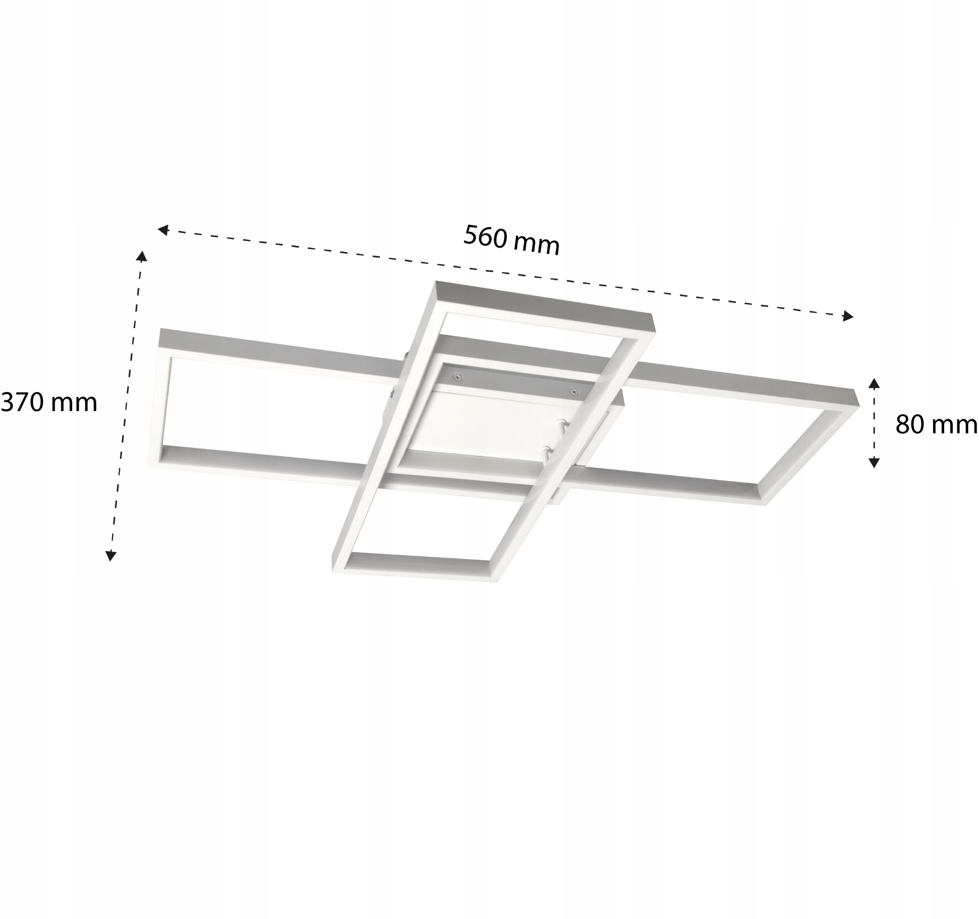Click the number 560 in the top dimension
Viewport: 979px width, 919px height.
(x=485, y=237)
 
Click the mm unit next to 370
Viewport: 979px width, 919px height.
(x=73, y=403)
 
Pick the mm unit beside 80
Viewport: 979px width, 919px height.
(x=956, y=425)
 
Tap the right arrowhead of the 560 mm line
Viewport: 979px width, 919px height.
(x=847, y=316)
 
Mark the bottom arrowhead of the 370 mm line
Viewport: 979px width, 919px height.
(x=111, y=556)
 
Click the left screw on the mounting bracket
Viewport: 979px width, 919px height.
(x=458, y=377)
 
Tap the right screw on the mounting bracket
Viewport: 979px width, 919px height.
(x=573, y=392)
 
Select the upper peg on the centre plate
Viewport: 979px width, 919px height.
(x=561, y=423)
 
